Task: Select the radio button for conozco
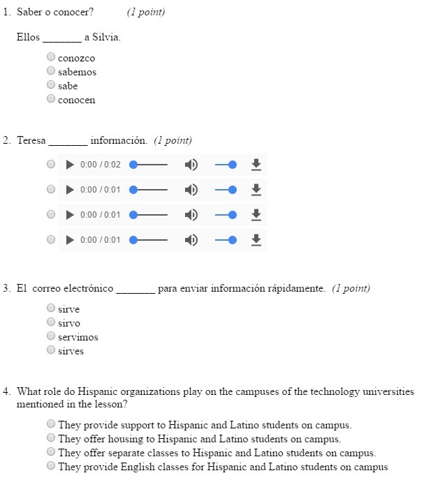point(51,57)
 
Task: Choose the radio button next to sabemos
point(51,71)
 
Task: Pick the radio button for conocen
point(51,99)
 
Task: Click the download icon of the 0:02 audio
point(256,165)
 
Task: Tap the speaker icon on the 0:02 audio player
point(191,165)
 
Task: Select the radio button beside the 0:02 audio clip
point(51,165)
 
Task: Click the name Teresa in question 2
point(31,140)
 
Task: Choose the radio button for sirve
point(51,308)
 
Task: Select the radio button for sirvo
point(51,322)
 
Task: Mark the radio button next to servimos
point(51,336)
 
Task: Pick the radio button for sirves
point(51,350)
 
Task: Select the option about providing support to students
point(51,424)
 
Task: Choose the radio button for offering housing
point(51,438)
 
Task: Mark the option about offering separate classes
point(51,452)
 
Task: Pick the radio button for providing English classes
point(51,466)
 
